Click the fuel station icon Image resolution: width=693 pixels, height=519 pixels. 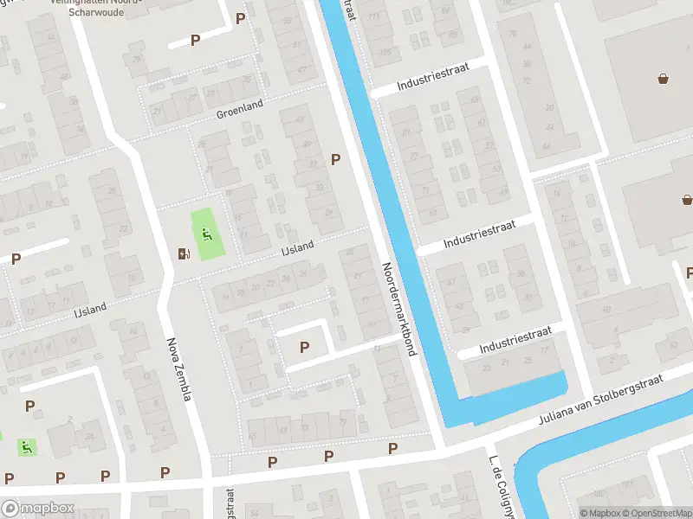click(x=183, y=253)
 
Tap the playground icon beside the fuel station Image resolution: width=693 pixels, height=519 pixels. click(x=206, y=234)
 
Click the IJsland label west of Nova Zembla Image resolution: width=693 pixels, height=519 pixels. click(x=91, y=309)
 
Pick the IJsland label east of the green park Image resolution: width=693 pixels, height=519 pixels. click(x=297, y=251)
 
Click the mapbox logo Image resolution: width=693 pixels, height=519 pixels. click(x=36, y=508)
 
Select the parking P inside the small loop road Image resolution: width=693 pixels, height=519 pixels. click(x=304, y=347)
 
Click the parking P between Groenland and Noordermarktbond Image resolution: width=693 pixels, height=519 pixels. click(x=335, y=159)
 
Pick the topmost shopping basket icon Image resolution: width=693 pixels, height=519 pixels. click(x=664, y=80)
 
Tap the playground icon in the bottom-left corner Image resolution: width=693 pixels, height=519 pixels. click(x=27, y=447)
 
